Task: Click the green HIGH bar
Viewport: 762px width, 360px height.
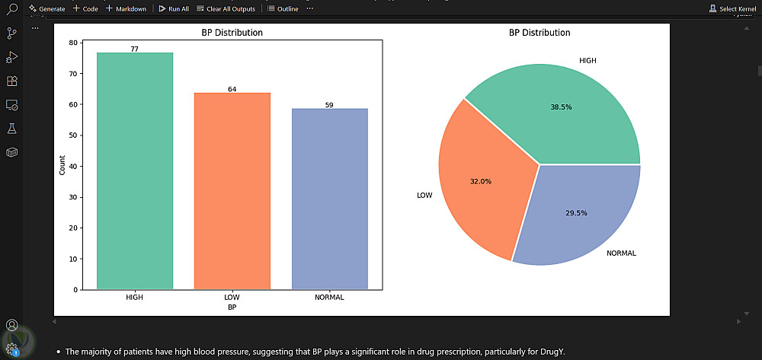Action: click(134, 171)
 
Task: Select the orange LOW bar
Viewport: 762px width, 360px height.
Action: click(232, 191)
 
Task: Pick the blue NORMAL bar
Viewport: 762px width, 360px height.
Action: click(329, 199)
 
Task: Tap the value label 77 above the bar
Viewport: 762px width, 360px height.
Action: click(134, 49)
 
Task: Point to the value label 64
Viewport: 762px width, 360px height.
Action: click(232, 89)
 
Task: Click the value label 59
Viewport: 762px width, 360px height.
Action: click(329, 105)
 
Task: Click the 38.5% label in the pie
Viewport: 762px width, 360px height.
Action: click(561, 107)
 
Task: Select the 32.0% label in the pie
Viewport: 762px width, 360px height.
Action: click(481, 182)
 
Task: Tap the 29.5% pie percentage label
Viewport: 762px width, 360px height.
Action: click(576, 213)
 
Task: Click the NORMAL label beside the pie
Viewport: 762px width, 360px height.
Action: click(621, 253)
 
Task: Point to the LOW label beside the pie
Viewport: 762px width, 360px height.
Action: click(424, 196)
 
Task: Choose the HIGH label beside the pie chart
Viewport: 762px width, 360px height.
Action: click(588, 60)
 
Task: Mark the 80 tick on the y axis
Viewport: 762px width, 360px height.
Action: click(72, 43)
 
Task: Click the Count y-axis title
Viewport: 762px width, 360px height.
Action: click(62, 165)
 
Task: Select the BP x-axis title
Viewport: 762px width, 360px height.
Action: click(232, 307)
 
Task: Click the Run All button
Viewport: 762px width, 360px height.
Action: click(174, 8)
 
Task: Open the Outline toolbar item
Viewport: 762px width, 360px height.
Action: click(283, 8)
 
